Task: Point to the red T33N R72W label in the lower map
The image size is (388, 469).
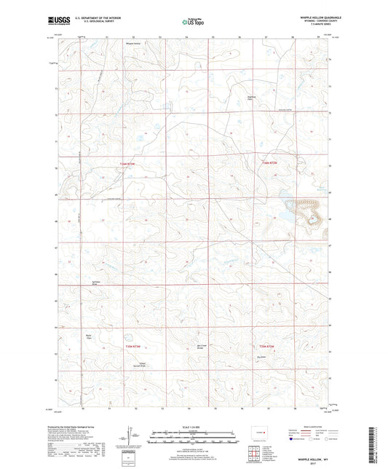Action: (267, 347)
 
